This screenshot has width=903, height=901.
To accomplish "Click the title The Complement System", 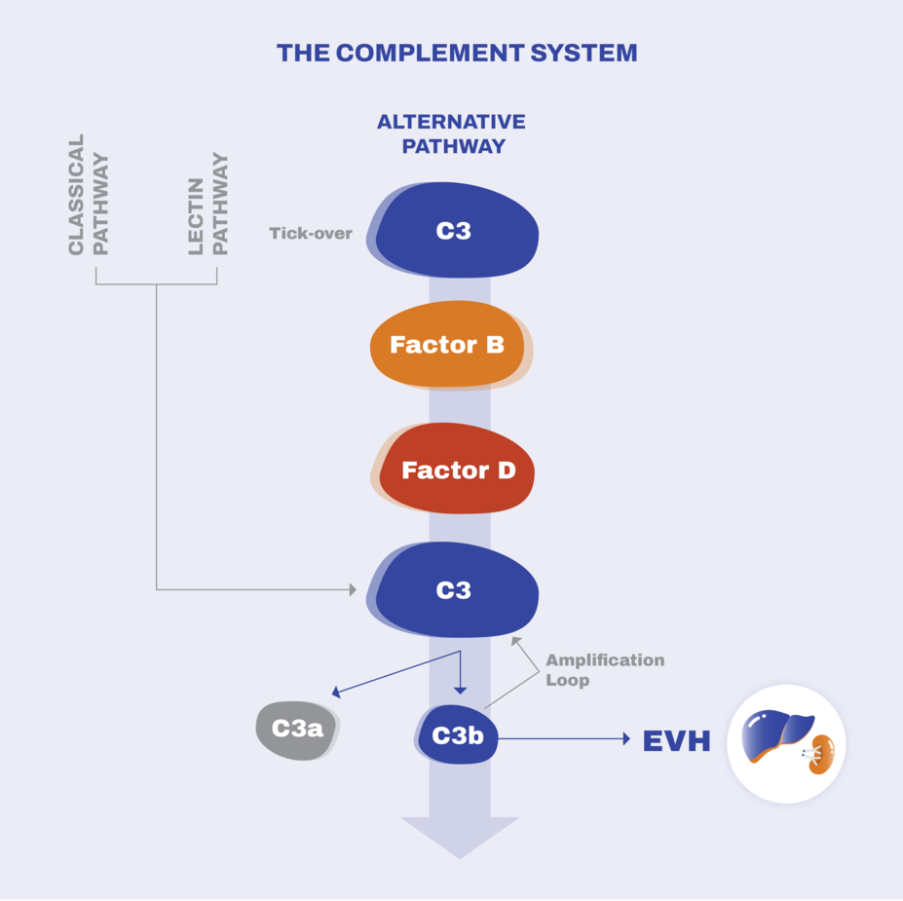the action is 457,53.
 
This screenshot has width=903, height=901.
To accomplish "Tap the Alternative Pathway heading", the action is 452,133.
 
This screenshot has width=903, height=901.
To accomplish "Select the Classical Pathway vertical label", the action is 88,195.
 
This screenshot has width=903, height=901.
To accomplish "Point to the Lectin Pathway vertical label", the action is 207,204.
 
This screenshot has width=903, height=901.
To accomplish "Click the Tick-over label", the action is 311,233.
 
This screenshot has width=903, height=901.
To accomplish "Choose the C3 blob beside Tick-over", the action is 453,230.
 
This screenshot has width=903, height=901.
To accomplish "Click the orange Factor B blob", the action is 450,344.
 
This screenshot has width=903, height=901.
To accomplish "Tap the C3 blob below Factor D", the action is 453,589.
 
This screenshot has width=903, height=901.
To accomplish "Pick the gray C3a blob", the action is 297,730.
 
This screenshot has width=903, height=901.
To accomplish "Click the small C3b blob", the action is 457,735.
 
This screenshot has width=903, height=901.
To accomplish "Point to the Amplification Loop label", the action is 605,669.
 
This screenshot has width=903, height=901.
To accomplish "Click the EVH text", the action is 676,741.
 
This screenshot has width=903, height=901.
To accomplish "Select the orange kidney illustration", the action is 821,755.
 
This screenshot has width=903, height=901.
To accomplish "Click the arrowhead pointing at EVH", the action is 627,738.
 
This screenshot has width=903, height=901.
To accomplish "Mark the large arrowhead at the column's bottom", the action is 460,837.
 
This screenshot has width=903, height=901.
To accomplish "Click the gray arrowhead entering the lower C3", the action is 353,589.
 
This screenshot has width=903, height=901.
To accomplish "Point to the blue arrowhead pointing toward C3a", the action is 336,692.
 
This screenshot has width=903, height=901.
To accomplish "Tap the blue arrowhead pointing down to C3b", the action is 460,691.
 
